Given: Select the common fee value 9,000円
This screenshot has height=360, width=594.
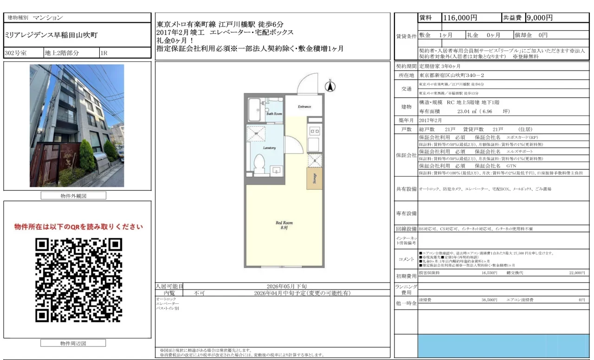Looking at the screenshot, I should [x=539, y=18].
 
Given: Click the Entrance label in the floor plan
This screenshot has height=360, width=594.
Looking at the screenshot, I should [x=304, y=107].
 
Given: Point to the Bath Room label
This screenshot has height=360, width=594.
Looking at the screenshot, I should [x=274, y=114].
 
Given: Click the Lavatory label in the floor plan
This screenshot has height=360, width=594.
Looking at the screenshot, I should [x=270, y=148].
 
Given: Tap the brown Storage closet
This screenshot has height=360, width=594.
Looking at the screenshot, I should [x=315, y=178].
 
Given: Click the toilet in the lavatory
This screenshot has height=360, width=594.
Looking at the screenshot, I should [x=259, y=162].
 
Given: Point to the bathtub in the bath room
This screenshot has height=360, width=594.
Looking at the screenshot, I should [x=254, y=109].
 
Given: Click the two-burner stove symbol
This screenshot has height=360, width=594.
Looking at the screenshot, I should [x=314, y=131].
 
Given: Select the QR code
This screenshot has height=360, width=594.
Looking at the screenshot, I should [x=78, y=280].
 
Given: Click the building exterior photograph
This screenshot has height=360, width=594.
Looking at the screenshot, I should [x=77, y=125].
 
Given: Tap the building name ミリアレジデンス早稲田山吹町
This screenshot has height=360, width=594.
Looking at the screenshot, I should [x=51, y=35].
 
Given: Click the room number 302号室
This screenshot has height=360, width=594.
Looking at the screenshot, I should [x=16, y=53].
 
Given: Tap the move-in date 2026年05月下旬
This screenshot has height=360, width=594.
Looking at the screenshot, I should [x=286, y=286].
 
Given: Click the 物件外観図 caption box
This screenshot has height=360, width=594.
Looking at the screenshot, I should [x=73, y=196].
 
